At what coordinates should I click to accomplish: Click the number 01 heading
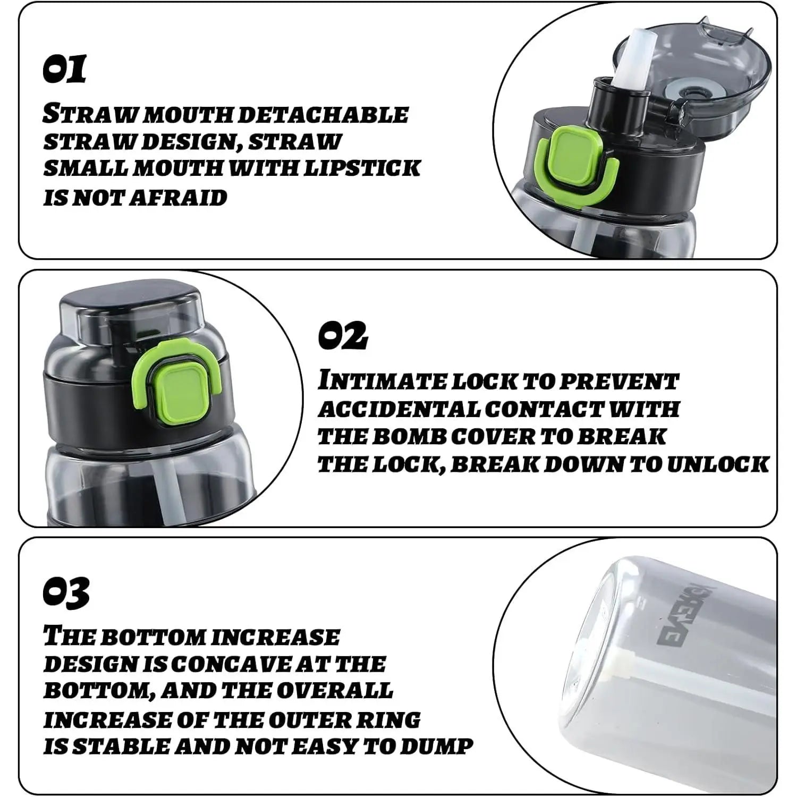click(x=64, y=69)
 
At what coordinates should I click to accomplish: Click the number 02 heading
click(x=343, y=335)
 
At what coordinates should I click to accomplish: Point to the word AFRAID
click(x=179, y=198)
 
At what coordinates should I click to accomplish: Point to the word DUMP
click(x=436, y=747)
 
